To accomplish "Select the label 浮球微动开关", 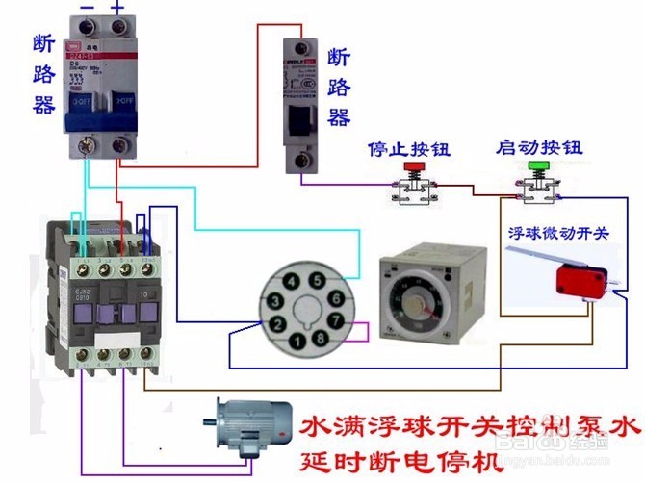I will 556,234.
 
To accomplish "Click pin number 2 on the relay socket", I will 277,324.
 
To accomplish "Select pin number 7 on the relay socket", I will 335,319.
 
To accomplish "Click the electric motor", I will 252,428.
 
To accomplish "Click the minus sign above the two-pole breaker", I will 88,8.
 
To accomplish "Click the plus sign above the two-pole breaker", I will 118,8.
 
